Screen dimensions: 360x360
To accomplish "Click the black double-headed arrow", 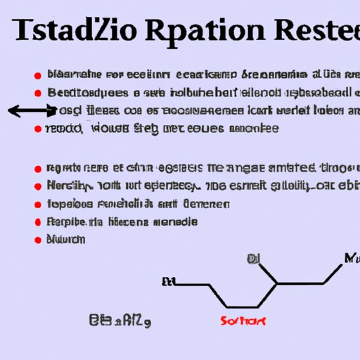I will tap(32, 110).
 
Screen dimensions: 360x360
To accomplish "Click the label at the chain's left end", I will tap(168, 283).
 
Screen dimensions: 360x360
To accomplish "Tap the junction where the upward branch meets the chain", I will tap(275, 283).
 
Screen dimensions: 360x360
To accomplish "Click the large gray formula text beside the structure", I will tap(122, 322).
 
